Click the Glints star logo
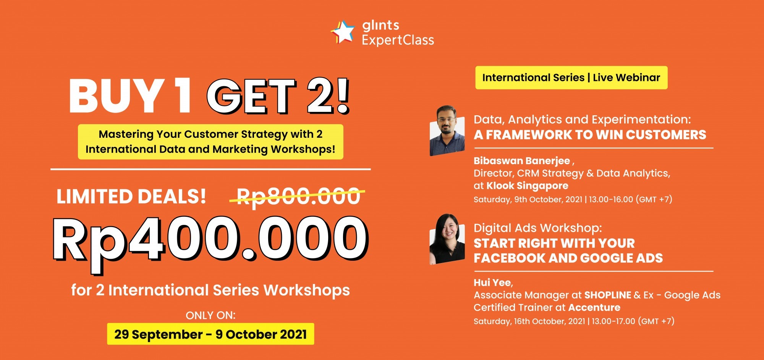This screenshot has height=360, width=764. [x=343, y=32]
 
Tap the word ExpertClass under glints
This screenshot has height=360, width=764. [x=398, y=40]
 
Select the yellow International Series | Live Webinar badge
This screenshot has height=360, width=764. [x=571, y=77]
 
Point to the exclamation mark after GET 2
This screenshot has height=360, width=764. [x=343, y=95]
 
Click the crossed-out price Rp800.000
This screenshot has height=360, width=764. [x=298, y=197]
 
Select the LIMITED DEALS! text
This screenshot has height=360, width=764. [x=131, y=197]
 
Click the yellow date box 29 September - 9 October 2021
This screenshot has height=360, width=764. [x=210, y=334]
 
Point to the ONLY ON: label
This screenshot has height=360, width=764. [x=210, y=315]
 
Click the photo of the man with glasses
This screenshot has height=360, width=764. [x=447, y=131]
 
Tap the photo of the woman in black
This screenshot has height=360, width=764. [x=447, y=239]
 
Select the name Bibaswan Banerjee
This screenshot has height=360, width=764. [x=522, y=161]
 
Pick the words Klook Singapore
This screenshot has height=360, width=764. [x=527, y=186]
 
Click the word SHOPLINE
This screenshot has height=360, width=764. [x=607, y=295]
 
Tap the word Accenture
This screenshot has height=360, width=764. [x=594, y=308]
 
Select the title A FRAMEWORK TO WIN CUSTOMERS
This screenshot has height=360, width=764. [x=590, y=135]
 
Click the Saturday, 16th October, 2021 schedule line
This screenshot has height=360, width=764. [x=574, y=321]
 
